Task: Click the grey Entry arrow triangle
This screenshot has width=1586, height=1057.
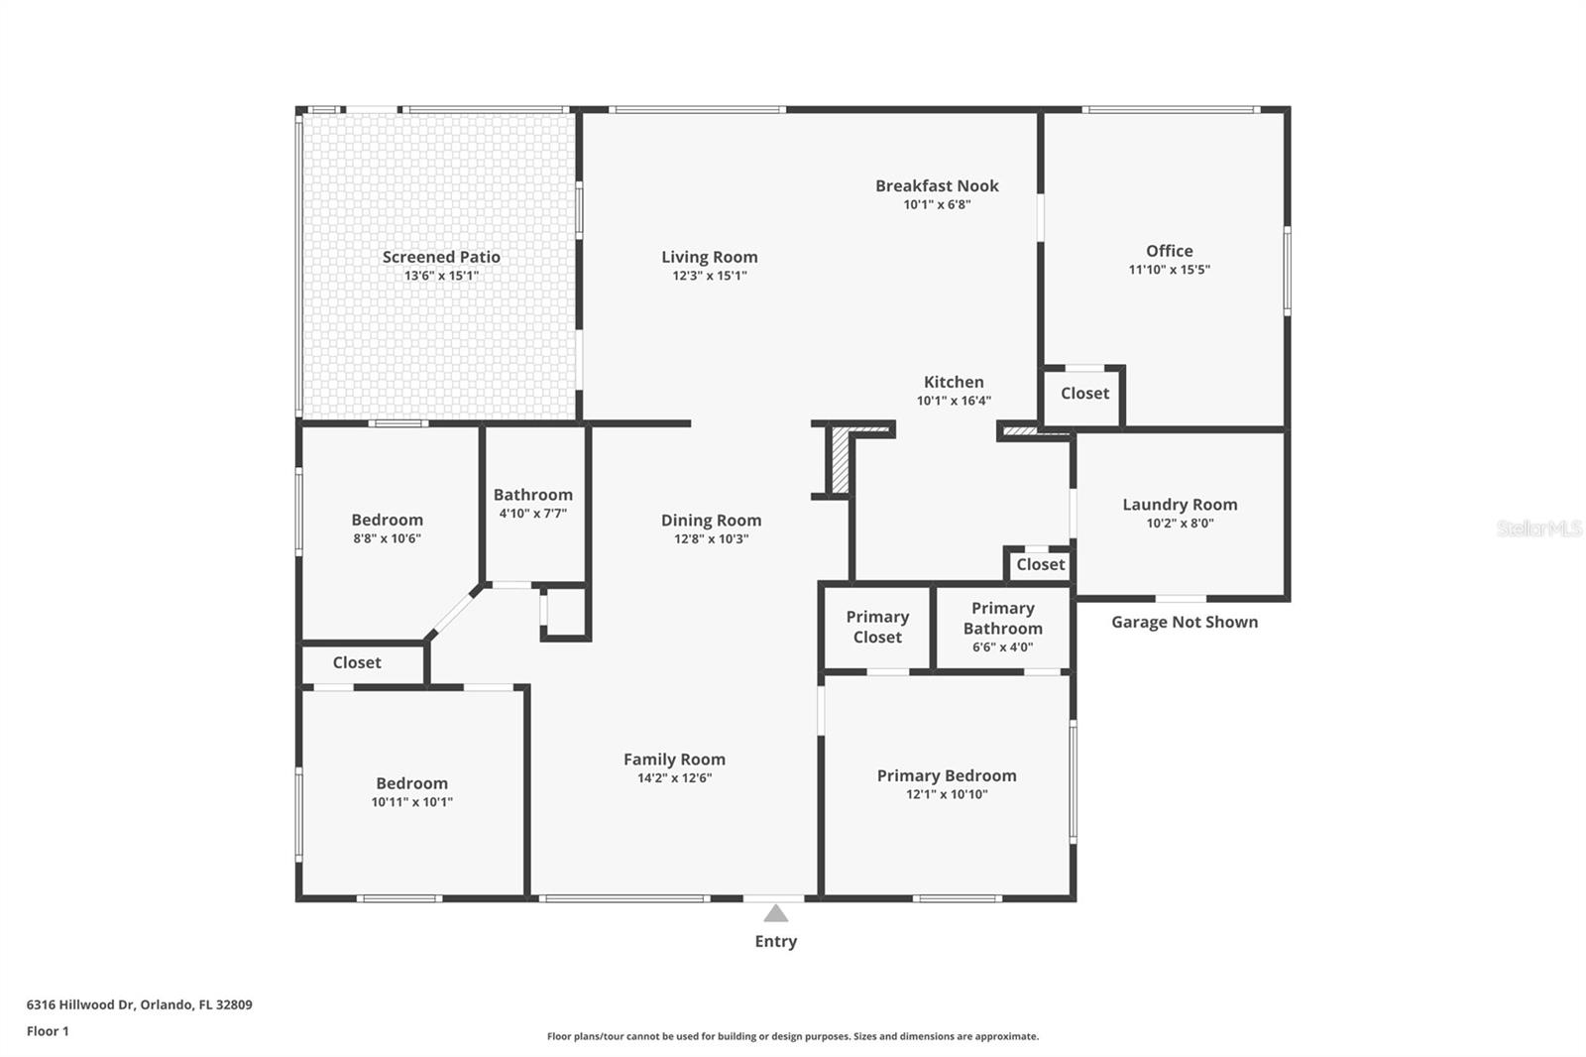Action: (776, 913)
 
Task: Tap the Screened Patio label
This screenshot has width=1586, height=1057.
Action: (441, 257)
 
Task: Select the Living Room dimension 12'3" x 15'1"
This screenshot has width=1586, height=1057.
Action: (710, 276)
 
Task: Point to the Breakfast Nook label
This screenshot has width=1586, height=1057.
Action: (937, 185)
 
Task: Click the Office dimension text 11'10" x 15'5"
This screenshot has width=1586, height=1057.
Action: (1169, 270)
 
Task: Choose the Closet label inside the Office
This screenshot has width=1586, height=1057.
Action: (1084, 394)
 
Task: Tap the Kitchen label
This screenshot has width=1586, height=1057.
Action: (954, 382)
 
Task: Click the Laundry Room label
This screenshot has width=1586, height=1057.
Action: (1180, 505)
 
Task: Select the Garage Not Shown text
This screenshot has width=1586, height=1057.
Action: (1185, 622)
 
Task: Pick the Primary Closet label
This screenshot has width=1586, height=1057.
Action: (877, 627)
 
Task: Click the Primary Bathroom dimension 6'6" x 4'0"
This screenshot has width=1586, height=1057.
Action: (1002, 646)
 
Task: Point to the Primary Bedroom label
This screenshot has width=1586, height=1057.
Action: (947, 775)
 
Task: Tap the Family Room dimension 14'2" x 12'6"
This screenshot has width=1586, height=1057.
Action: (674, 777)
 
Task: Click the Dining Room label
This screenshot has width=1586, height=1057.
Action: (711, 521)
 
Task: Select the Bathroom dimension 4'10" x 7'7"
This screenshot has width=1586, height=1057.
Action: (532, 514)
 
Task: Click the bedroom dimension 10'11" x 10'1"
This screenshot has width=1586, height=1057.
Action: (411, 802)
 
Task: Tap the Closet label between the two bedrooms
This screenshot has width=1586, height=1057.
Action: (357, 662)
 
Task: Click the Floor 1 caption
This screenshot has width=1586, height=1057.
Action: (48, 1031)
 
